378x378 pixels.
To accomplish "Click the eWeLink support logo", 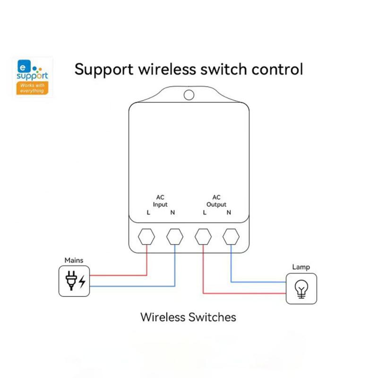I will (33, 77).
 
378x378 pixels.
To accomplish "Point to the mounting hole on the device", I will (189, 94).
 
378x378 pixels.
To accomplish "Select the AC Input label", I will (160, 201).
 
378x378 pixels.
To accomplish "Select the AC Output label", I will (216, 201).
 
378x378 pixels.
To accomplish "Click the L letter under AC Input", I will (148, 213).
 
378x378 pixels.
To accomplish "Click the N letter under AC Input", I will (172, 213).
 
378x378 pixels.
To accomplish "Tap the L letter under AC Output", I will (205, 213).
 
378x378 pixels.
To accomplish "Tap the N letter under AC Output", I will (229, 213).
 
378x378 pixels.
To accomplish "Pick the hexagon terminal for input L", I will (146, 236).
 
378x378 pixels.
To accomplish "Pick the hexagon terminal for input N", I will (175, 236).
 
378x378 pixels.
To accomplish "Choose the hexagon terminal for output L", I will (203, 236).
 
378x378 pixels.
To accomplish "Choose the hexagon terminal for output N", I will (231, 236).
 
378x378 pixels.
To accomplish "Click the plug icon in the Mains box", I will (70, 280).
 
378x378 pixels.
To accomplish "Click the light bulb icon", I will (301, 289).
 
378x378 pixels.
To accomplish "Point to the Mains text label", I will (74, 260).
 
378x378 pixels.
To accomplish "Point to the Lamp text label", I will (301, 267).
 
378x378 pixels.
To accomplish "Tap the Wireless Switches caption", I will (188, 317).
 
